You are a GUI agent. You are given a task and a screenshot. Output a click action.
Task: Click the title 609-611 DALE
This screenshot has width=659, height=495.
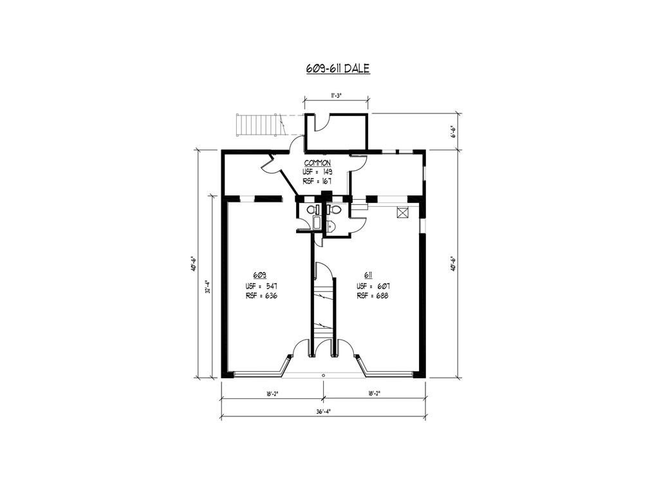[x=338, y=68]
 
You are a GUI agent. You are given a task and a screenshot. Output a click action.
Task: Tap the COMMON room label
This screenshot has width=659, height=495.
[x=317, y=163]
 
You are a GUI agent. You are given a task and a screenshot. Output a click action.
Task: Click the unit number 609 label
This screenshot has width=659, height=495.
[x=260, y=275]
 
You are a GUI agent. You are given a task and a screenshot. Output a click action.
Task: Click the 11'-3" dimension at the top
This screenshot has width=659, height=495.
[x=335, y=95]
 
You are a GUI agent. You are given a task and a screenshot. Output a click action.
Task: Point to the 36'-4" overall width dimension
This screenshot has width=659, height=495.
[x=323, y=412]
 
